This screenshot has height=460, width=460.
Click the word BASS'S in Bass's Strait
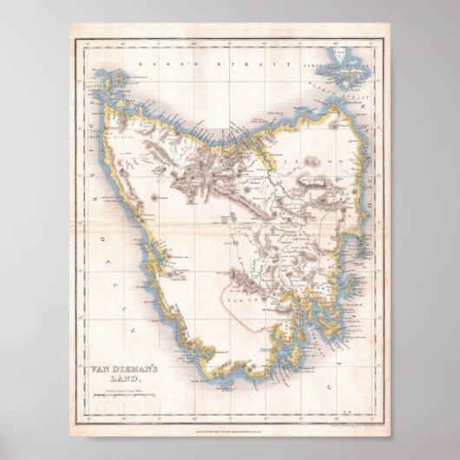point(156,63)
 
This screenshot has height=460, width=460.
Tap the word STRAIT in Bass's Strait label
point(212,63)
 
